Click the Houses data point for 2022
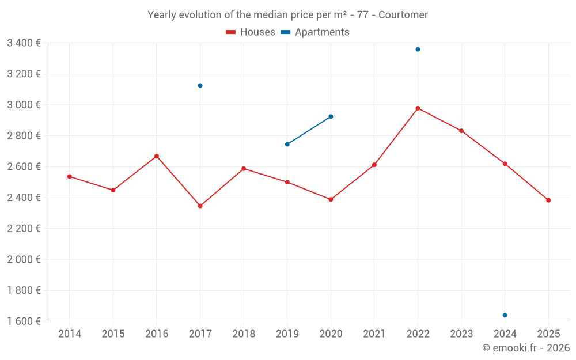(418, 108)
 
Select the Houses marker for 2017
(200, 206)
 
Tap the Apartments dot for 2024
(505, 315)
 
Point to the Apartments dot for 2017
(200, 85)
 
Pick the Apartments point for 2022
(418, 50)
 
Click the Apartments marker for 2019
(287, 144)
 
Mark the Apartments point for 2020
(331, 116)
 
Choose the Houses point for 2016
(157, 156)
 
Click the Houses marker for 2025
(548, 200)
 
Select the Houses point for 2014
(70, 176)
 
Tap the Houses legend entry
(251, 32)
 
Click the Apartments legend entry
(315, 32)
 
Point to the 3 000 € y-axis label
(24, 105)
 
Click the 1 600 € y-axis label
(24, 321)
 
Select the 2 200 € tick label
(24, 229)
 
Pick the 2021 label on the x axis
(374, 334)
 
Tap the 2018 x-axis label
(244, 334)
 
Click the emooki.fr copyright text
(525, 348)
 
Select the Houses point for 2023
(461, 131)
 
